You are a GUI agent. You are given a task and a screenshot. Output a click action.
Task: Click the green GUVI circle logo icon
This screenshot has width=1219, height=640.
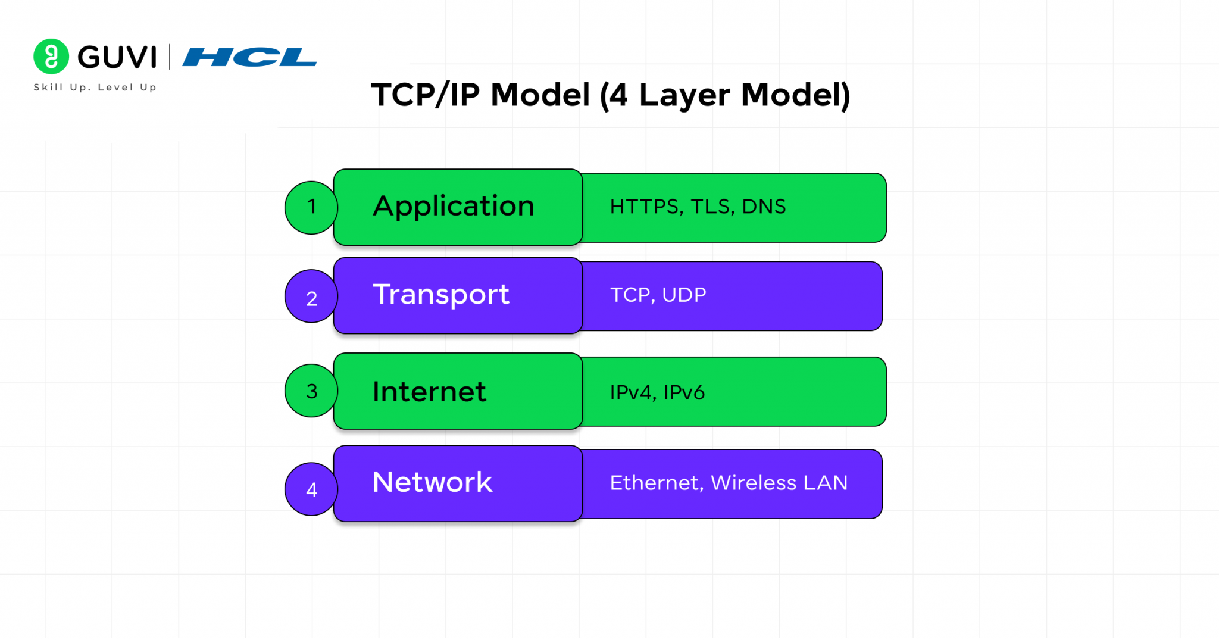click(51, 57)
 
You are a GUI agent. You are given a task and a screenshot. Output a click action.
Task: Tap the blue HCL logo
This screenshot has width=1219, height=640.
click(249, 57)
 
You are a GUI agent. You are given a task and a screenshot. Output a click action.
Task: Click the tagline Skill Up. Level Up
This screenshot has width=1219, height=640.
click(95, 88)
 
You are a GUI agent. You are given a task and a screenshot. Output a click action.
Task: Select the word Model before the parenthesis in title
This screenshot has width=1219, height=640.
click(540, 95)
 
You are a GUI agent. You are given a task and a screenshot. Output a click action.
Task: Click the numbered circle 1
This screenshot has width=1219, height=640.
click(311, 207)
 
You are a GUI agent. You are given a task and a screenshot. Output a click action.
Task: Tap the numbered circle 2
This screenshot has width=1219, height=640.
click(311, 296)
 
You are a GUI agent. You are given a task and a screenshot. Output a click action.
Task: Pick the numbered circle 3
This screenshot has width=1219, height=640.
click(311, 391)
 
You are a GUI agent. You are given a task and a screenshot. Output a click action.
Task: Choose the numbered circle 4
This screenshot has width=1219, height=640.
click(311, 489)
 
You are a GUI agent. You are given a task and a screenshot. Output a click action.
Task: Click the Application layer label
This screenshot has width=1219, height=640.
click(454, 207)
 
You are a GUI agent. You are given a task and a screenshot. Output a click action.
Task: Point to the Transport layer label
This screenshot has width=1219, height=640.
click(441, 294)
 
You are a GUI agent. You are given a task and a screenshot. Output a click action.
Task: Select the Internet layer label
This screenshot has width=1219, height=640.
click(429, 391)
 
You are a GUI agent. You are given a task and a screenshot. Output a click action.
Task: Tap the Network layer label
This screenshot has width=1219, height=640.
click(433, 482)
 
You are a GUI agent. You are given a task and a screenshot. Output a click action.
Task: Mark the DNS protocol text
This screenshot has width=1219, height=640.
click(764, 207)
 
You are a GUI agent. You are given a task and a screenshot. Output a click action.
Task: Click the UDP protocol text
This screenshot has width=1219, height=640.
click(684, 295)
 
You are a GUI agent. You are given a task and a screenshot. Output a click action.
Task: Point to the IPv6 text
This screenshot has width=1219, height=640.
click(684, 392)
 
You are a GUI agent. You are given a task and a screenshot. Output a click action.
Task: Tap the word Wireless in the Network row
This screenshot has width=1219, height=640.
click(754, 483)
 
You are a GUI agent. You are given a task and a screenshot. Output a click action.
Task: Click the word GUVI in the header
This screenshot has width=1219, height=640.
click(117, 57)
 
